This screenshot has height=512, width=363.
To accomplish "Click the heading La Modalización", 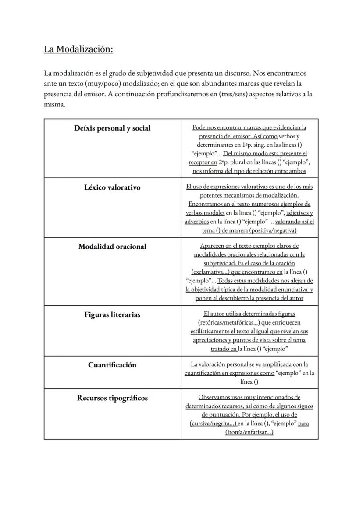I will [78, 49].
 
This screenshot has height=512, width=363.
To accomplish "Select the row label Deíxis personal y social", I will [112, 128].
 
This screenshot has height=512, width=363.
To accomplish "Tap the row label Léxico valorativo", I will [112, 187].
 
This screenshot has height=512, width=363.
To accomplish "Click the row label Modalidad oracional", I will [112, 247].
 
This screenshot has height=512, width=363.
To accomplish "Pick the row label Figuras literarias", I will [112, 314].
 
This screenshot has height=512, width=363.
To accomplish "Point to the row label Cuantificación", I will [112, 365].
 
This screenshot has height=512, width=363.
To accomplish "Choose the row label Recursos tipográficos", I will [112, 398].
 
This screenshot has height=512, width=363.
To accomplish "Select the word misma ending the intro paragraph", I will [54, 105].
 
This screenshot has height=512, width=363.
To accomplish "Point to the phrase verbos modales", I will [205, 213].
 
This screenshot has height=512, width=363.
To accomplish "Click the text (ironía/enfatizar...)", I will [249, 432].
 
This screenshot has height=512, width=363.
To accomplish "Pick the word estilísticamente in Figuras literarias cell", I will [214, 332].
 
